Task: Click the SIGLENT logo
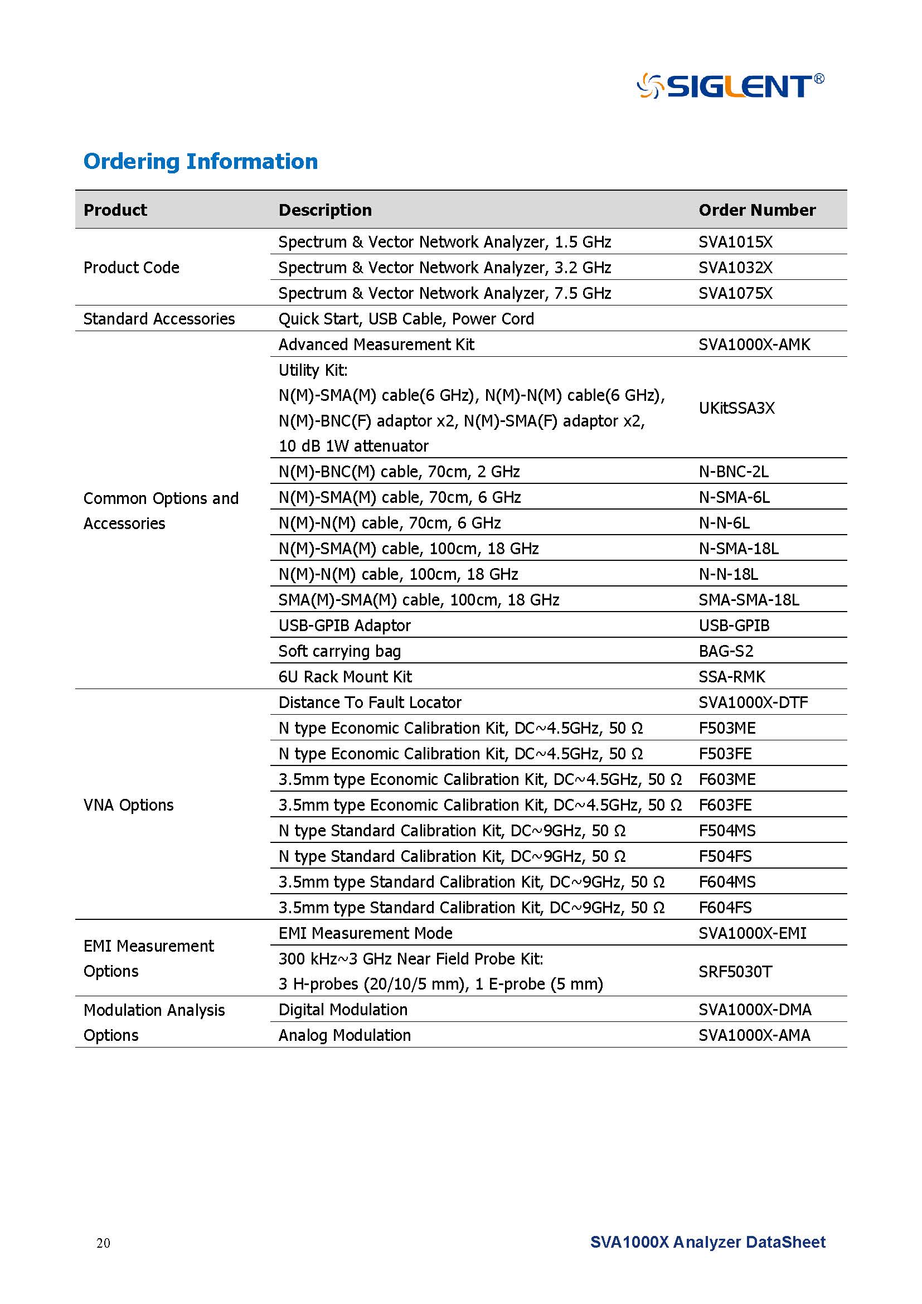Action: coord(730,86)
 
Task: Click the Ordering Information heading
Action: coord(201,161)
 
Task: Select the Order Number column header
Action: coord(757,210)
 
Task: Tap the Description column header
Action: coord(325,210)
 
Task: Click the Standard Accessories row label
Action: coord(159,319)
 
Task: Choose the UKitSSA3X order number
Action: coord(736,408)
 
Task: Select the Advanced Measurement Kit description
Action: coord(376,344)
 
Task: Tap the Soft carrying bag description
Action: coord(339,651)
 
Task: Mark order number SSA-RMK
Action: coord(732,676)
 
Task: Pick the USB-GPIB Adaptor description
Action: coord(344,626)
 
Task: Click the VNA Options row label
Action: coord(128,805)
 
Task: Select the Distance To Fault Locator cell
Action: coord(370,702)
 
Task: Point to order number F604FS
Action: coord(725,907)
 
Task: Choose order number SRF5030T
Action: coord(735,971)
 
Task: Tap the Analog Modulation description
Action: coord(344,1035)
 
